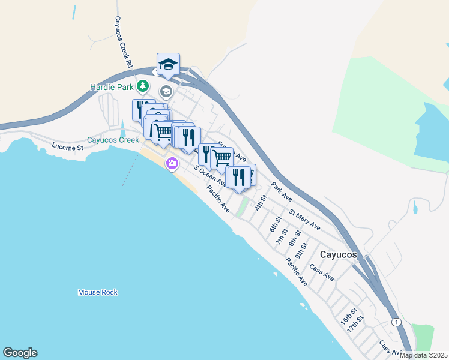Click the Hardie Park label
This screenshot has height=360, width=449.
click(111, 87)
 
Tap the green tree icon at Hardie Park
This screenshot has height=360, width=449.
click(142, 87)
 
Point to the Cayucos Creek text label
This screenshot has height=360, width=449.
click(113, 140)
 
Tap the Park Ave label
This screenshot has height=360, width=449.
click(281, 191)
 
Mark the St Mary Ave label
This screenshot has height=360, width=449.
click(304, 218)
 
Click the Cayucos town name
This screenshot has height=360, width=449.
click(338, 254)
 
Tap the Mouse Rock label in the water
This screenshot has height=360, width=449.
click(98, 292)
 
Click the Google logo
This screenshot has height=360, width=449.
click(20, 353)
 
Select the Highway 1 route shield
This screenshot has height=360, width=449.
click(396, 322)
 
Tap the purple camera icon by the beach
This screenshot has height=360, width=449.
click(172, 163)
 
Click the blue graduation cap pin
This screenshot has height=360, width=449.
click(169, 64)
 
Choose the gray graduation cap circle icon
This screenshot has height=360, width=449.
click(166, 92)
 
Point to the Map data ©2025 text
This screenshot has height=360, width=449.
click(423, 355)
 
